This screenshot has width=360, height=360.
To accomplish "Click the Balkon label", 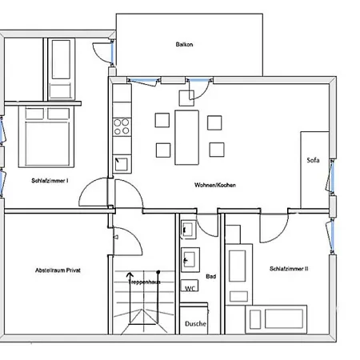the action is (x=184, y=44).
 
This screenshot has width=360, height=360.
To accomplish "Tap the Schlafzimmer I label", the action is (x=50, y=181).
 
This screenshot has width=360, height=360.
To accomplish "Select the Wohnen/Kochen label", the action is (x=215, y=185).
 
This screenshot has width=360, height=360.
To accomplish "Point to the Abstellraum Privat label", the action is (x=58, y=270).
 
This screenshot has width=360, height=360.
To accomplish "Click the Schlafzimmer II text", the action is (x=289, y=269).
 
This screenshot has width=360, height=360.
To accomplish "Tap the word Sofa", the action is (x=313, y=160).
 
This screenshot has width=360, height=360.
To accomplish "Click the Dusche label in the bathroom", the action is (x=195, y=323).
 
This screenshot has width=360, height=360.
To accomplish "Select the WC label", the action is (x=190, y=288).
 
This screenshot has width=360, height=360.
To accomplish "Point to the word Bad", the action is (x=210, y=276).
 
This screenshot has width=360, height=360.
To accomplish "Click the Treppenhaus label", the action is (x=144, y=282).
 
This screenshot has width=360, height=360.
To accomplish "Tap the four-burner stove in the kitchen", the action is (x=122, y=127).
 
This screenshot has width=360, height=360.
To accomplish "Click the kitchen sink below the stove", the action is (x=122, y=164).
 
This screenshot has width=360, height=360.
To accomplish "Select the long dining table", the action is (x=186, y=138).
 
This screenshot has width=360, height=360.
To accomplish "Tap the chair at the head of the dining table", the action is (x=186, y=98).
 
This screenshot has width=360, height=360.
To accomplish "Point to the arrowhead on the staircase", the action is (x=130, y=274).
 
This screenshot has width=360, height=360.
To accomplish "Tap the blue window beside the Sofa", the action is (x=332, y=177).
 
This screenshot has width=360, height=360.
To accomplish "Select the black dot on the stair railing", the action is (x=158, y=272).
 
